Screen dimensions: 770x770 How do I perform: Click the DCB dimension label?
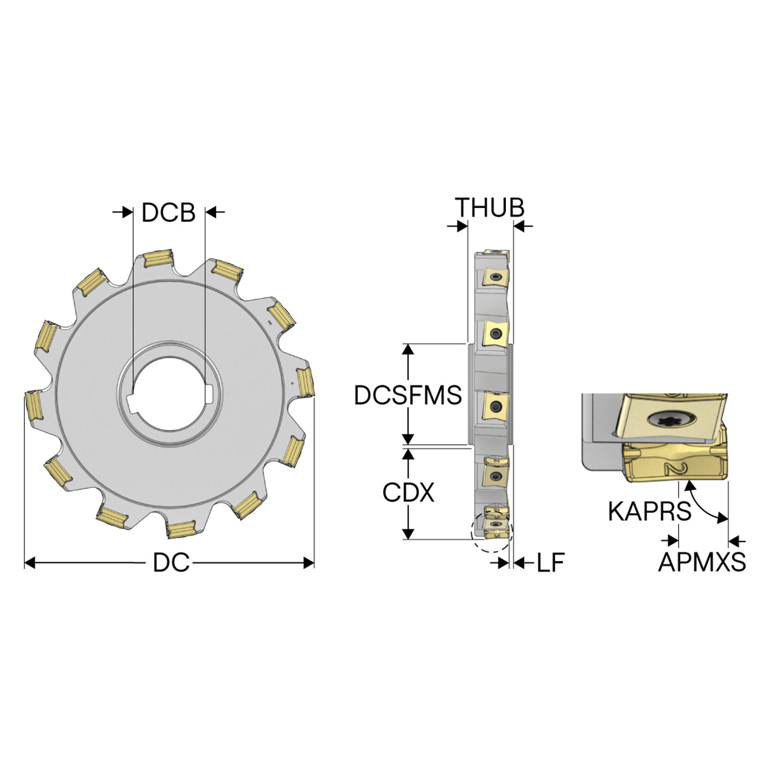pyautogui.click(x=168, y=212)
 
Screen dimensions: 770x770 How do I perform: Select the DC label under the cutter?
pyautogui.click(x=171, y=563)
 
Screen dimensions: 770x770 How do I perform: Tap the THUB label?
pyautogui.click(x=490, y=208)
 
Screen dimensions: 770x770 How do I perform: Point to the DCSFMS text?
pyautogui.click(x=408, y=395)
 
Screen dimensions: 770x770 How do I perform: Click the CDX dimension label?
pyautogui.click(x=408, y=493)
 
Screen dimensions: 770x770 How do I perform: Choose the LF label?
pyautogui.click(x=550, y=563)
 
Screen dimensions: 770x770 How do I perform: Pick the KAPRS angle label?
pyautogui.click(x=649, y=511)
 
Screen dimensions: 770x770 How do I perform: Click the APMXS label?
pyautogui.click(x=702, y=562)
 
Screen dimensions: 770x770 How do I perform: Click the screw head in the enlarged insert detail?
pyautogui.click(x=671, y=420)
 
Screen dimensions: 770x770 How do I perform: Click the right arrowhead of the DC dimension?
pyautogui.click(x=309, y=563)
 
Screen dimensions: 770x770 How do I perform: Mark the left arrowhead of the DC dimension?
pyautogui.click(x=30, y=563)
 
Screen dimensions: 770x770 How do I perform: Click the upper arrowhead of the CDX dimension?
pyautogui.click(x=408, y=454)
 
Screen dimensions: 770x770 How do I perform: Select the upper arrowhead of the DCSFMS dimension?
pyautogui.click(x=408, y=350)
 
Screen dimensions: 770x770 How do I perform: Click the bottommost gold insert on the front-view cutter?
pyautogui.click(x=182, y=529)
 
